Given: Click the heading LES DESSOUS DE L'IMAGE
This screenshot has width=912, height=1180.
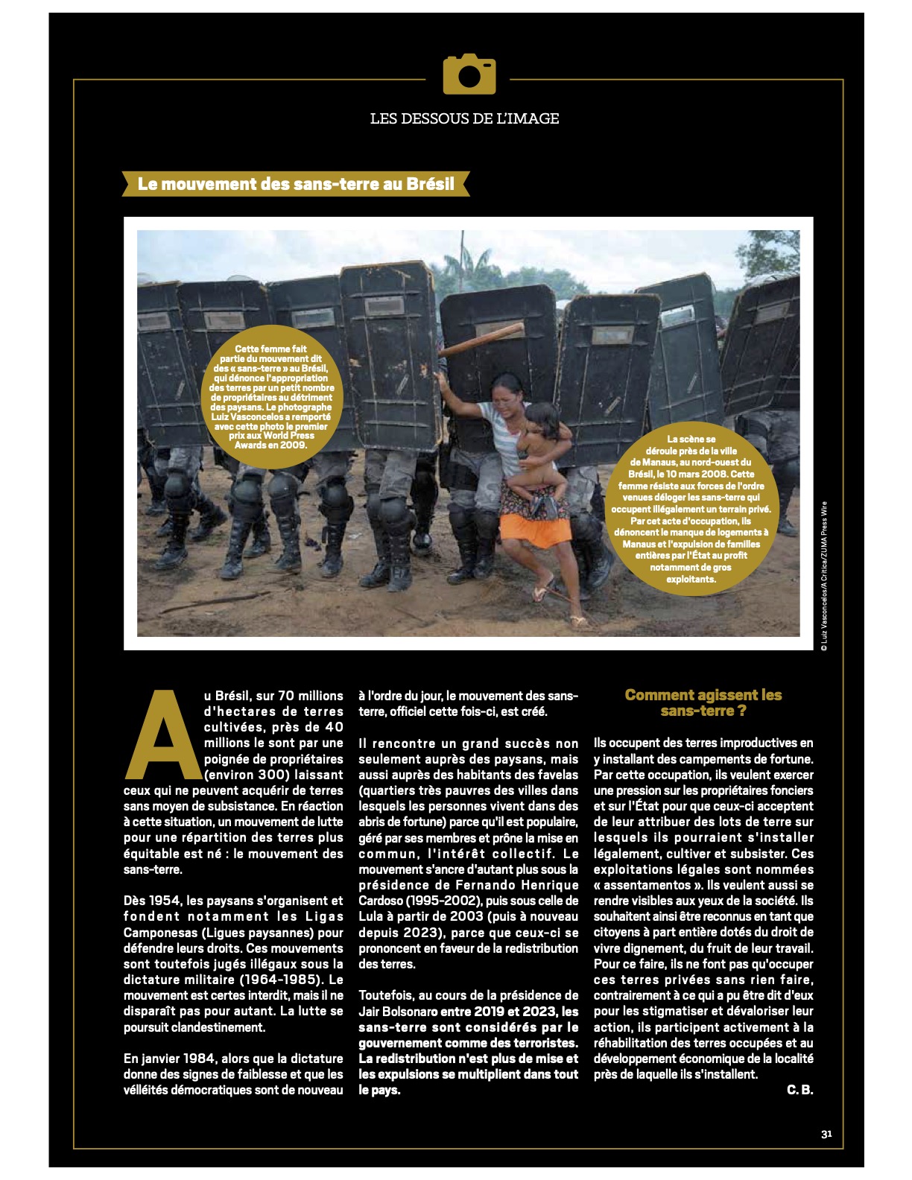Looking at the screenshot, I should click(x=464, y=118).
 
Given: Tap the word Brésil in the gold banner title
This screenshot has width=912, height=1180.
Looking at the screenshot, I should click(x=430, y=184).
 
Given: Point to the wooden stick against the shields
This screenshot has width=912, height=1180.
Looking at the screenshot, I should click(x=481, y=340).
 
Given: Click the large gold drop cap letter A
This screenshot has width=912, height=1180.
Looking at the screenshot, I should click(x=161, y=735).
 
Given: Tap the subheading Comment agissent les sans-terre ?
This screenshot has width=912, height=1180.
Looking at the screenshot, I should click(x=703, y=702).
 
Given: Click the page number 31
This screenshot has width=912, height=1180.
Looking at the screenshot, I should click(x=826, y=1135).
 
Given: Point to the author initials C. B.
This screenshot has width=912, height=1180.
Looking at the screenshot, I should click(x=799, y=1090).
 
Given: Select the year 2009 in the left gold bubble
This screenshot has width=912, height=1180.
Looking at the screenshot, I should click(x=293, y=445).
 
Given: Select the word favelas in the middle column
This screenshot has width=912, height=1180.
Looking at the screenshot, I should click(x=556, y=775).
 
